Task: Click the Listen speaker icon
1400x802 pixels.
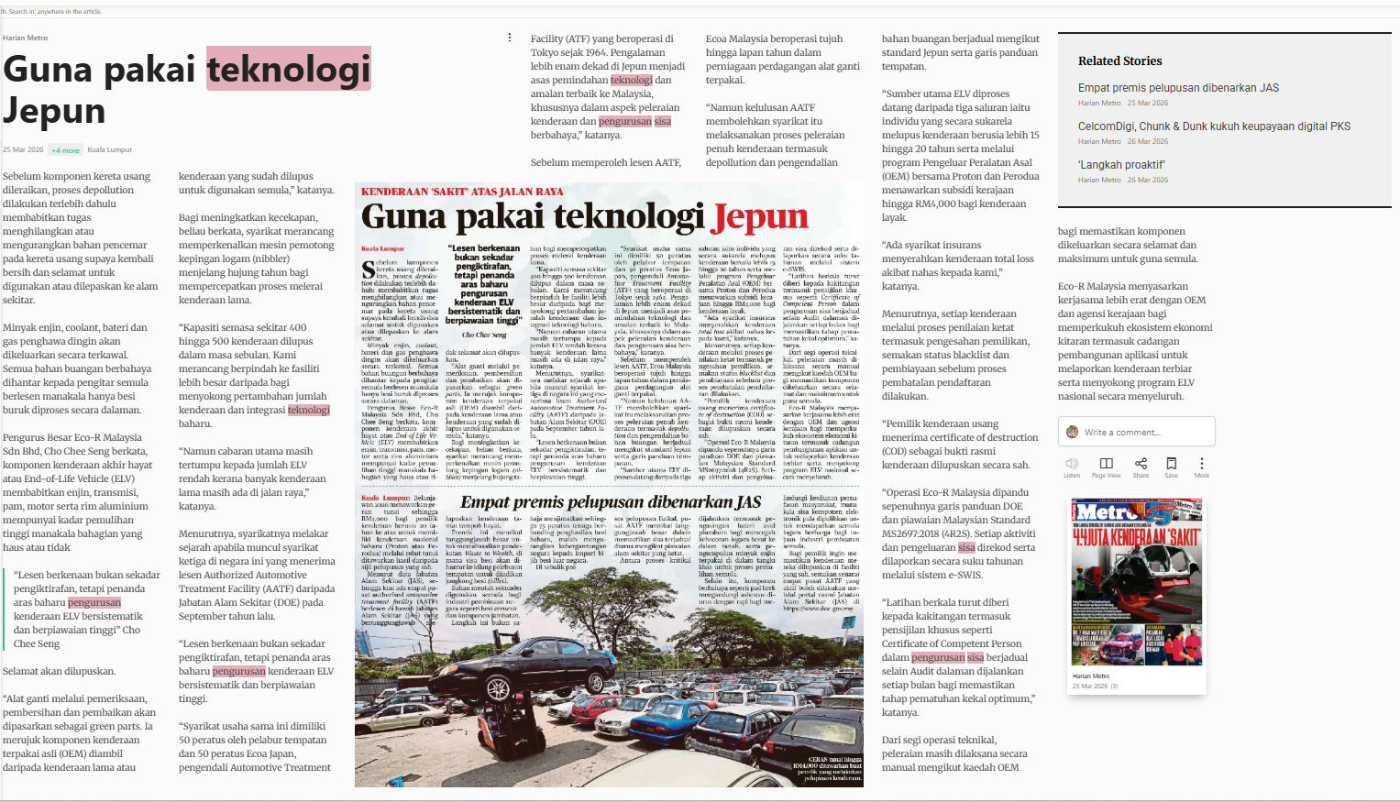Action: (x=1072, y=464)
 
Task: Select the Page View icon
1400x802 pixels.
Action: (x=1107, y=464)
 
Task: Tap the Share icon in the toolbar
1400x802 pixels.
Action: (x=1141, y=464)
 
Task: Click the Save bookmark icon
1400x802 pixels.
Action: (x=1171, y=464)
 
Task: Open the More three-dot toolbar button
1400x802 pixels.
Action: (x=1202, y=464)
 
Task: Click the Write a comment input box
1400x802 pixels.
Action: (x=1137, y=432)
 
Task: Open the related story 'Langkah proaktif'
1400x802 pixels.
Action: (x=1121, y=165)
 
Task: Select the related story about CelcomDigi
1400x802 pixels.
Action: (x=1214, y=126)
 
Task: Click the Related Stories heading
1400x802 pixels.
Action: (x=1119, y=60)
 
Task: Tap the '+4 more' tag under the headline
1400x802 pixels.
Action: (x=65, y=150)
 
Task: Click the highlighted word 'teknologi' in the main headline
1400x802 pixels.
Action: (x=288, y=70)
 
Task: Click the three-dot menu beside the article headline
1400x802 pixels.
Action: (x=510, y=38)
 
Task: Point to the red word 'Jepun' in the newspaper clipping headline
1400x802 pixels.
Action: (x=760, y=217)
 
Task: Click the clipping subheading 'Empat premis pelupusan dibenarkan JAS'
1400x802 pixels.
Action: (x=611, y=501)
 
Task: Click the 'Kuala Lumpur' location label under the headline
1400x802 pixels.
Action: (x=110, y=150)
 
